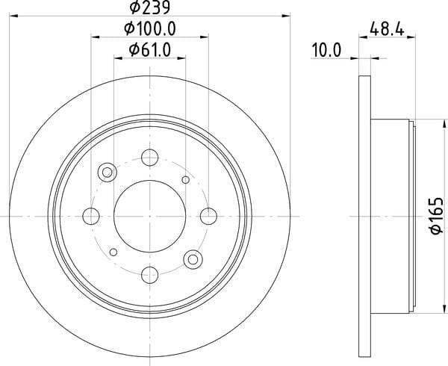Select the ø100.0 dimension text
(x=150, y=29)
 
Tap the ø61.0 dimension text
(x=150, y=50)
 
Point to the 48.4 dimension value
(x=387, y=29)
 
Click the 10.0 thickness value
(x=326, y=50)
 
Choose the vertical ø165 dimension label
(x=437, y=216)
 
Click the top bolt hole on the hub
(x=150, y=158)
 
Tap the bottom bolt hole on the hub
(x=150, y=275)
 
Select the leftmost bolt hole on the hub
(x=91, y=216)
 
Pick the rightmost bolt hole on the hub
(x=208, y=216)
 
